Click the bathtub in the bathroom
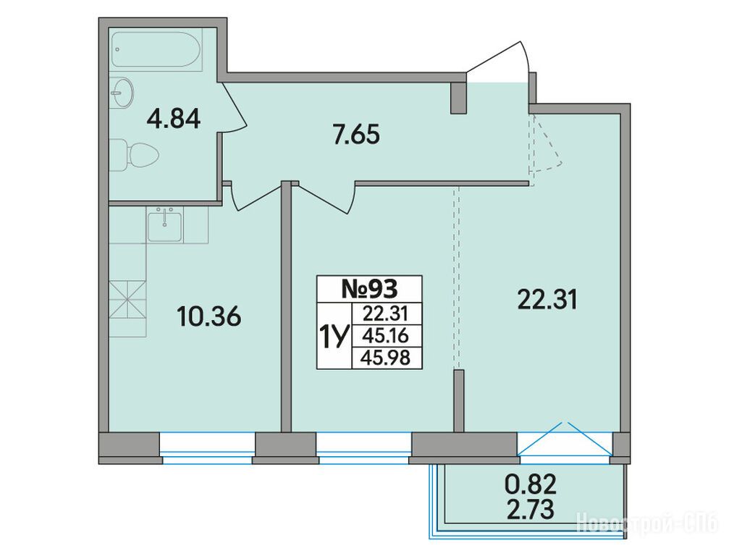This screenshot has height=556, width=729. (157, 51)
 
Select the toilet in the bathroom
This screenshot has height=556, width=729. (135, 155)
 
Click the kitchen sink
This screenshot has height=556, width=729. (165, 225)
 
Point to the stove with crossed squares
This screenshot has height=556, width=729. (127, 300)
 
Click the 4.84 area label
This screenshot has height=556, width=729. (174, 119)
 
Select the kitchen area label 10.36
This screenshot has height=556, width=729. (208, 318)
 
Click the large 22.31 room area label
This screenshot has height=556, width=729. (547, 300)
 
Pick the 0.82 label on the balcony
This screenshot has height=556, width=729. (531, 486)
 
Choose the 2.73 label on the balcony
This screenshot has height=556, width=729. (531, 509)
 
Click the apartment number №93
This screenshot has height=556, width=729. (370, 289)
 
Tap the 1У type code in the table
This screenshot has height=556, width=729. (333, 336)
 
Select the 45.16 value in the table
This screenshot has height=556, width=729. (387, 336)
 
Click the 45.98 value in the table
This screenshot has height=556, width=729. (387, 358)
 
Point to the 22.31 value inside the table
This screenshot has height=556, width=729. (386, 313)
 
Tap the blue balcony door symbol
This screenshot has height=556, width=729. (565, 439)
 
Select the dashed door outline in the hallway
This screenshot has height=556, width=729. (546, 148)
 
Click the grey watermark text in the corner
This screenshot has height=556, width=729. (649, 523)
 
